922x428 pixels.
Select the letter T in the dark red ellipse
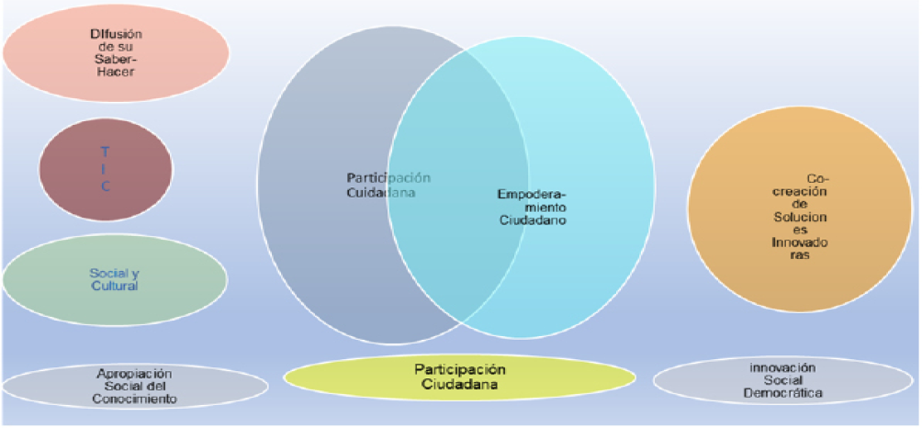[x=106, y=151]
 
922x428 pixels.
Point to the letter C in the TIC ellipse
[x=106, y=186]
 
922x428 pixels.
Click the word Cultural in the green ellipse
[x=114, y=286]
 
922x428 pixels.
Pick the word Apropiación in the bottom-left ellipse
[x=136, y=373]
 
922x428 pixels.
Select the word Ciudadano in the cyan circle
[x=532, y=220]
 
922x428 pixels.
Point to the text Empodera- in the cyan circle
[x=532, y=195]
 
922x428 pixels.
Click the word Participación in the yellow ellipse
[x=459, y=368]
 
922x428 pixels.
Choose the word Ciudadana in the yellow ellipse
[x=459, y=384]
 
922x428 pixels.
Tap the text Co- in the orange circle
[x=817, y=177]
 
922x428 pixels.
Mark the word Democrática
[x=781, y=394]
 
